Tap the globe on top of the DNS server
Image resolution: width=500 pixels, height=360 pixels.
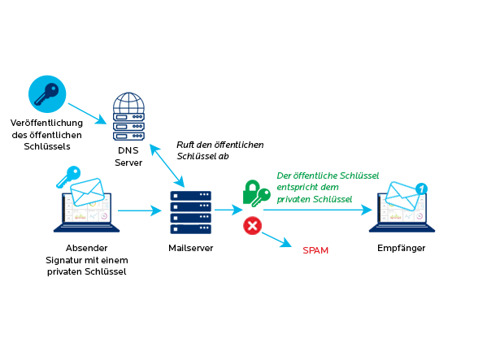pos(128,105)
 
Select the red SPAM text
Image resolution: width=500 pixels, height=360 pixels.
pos(315,250)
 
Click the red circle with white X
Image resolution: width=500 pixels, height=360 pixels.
pos(252,226)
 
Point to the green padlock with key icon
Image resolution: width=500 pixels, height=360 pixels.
pos(255,193)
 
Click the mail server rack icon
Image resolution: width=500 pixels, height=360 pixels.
pos(190,210)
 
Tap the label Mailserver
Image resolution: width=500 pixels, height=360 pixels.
pos(191,248)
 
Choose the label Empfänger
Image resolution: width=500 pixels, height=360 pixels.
pos(402,248)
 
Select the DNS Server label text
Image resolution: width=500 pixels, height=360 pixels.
pos(128,157)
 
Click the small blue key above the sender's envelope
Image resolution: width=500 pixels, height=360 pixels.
pos(68,176)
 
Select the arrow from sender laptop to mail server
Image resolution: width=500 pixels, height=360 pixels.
pos(140,210)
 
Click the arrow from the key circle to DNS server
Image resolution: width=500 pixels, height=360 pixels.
pos(87,113)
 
